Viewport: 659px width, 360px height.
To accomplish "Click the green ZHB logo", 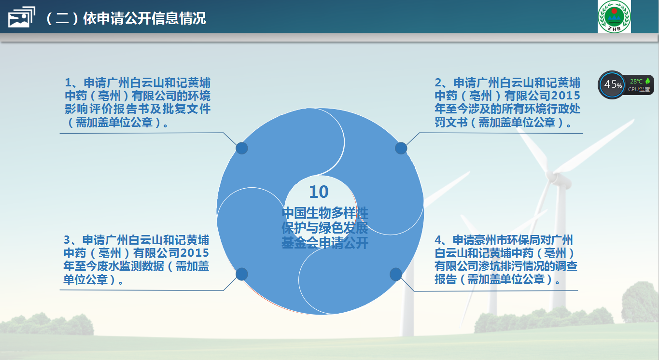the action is [614, 16].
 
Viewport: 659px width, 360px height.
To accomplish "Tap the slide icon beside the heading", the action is [21, 17].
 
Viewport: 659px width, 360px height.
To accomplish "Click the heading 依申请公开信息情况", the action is [144, 18].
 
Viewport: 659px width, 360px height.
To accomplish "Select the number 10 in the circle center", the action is [319, 192].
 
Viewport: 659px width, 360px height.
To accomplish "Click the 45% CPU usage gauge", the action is [612, 85].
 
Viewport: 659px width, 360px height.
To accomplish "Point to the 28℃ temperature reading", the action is [636, 81].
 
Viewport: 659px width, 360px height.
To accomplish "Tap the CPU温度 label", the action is [639, 89].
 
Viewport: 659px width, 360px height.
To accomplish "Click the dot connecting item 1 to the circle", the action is [242, 148].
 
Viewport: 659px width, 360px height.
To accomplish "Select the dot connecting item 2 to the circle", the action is [401, 148].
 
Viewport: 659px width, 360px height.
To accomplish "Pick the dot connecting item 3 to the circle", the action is [242, 274].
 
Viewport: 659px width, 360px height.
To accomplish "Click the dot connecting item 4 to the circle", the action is [396, 274].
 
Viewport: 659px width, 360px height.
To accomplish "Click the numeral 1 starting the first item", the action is [68, 83].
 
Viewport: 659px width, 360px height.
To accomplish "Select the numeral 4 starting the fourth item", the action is [438, 240].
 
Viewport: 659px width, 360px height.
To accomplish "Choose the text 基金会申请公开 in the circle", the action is [325, 243].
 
